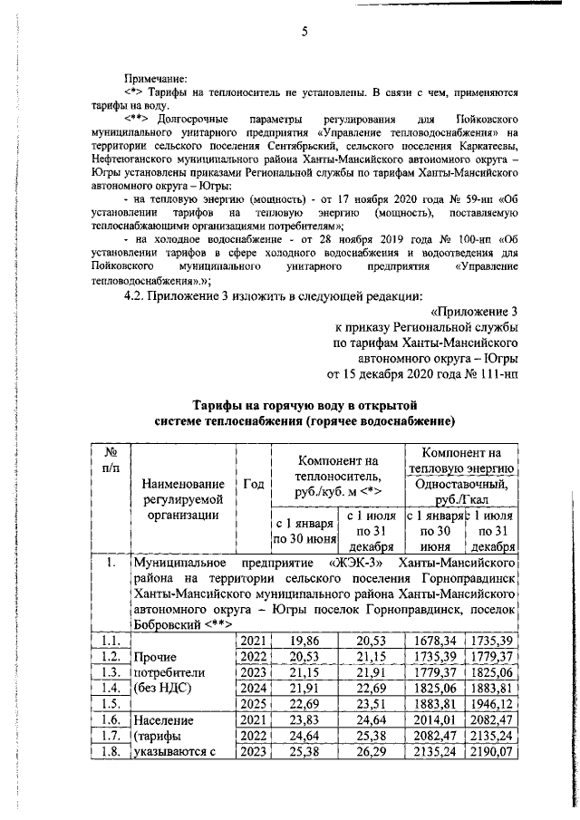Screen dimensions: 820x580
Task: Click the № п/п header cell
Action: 110,459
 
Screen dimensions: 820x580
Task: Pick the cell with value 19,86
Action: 304,641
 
